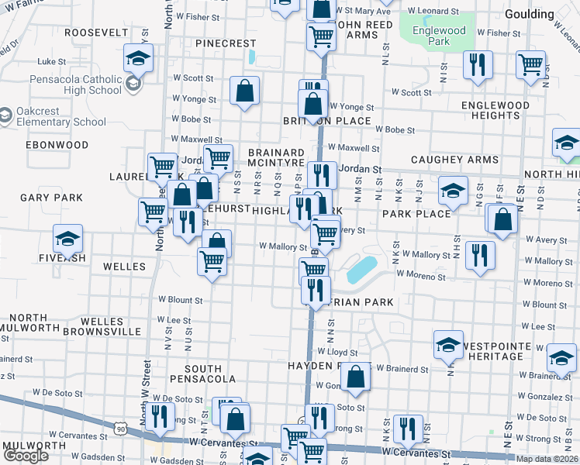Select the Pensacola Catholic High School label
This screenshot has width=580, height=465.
76,84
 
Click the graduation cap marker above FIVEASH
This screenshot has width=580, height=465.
67,239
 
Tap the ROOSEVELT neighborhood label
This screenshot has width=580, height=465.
96,33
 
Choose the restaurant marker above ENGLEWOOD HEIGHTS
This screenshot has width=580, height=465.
478,65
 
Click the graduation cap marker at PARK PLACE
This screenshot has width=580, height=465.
453,191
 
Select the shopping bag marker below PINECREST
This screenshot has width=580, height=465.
244,92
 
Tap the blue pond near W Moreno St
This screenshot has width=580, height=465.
362,269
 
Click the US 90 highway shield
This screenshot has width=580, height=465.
119,427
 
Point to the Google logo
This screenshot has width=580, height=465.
25,456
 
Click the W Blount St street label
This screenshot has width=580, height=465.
180,299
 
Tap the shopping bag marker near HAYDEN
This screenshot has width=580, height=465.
355,377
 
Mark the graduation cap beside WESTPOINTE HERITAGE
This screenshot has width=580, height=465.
448,346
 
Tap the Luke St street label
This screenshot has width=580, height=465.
52,61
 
